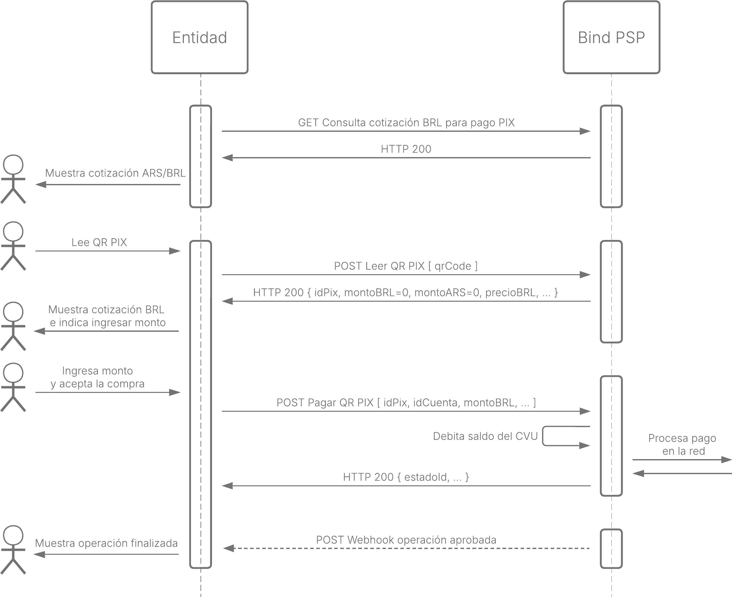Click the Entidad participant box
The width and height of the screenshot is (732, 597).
(x=199, y=37)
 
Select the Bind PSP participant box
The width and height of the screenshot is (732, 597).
(x=611, y=37)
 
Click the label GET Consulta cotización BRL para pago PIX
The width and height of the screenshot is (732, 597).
(x=406, y=123)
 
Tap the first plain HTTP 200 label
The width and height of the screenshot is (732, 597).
(x=406, y=149)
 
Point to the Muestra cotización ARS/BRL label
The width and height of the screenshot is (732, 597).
(x=115, y=173)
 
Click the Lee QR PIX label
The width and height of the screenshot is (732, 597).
(x=99, y=243)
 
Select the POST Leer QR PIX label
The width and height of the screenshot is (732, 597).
(x=406, y=266)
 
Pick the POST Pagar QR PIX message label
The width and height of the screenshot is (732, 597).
(x=406, y=403)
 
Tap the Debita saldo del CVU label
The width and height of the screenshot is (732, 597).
(x=485, y=436)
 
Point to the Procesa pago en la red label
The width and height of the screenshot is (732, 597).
(x=682, y=444)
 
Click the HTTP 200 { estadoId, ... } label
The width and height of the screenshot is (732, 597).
(x=406, y=477)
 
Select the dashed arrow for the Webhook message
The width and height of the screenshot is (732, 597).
(x=406, y=548)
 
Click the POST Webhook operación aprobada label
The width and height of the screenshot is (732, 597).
(x=406, y=540)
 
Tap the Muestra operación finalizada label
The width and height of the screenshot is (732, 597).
(x=106, y=543)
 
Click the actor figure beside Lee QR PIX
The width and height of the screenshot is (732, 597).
(x=13, y=246)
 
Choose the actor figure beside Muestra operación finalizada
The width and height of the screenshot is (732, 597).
(x=13, y=550)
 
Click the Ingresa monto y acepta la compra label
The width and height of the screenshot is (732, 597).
(x=98, y=377)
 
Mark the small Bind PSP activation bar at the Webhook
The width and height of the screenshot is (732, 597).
(x=611, y=549)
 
